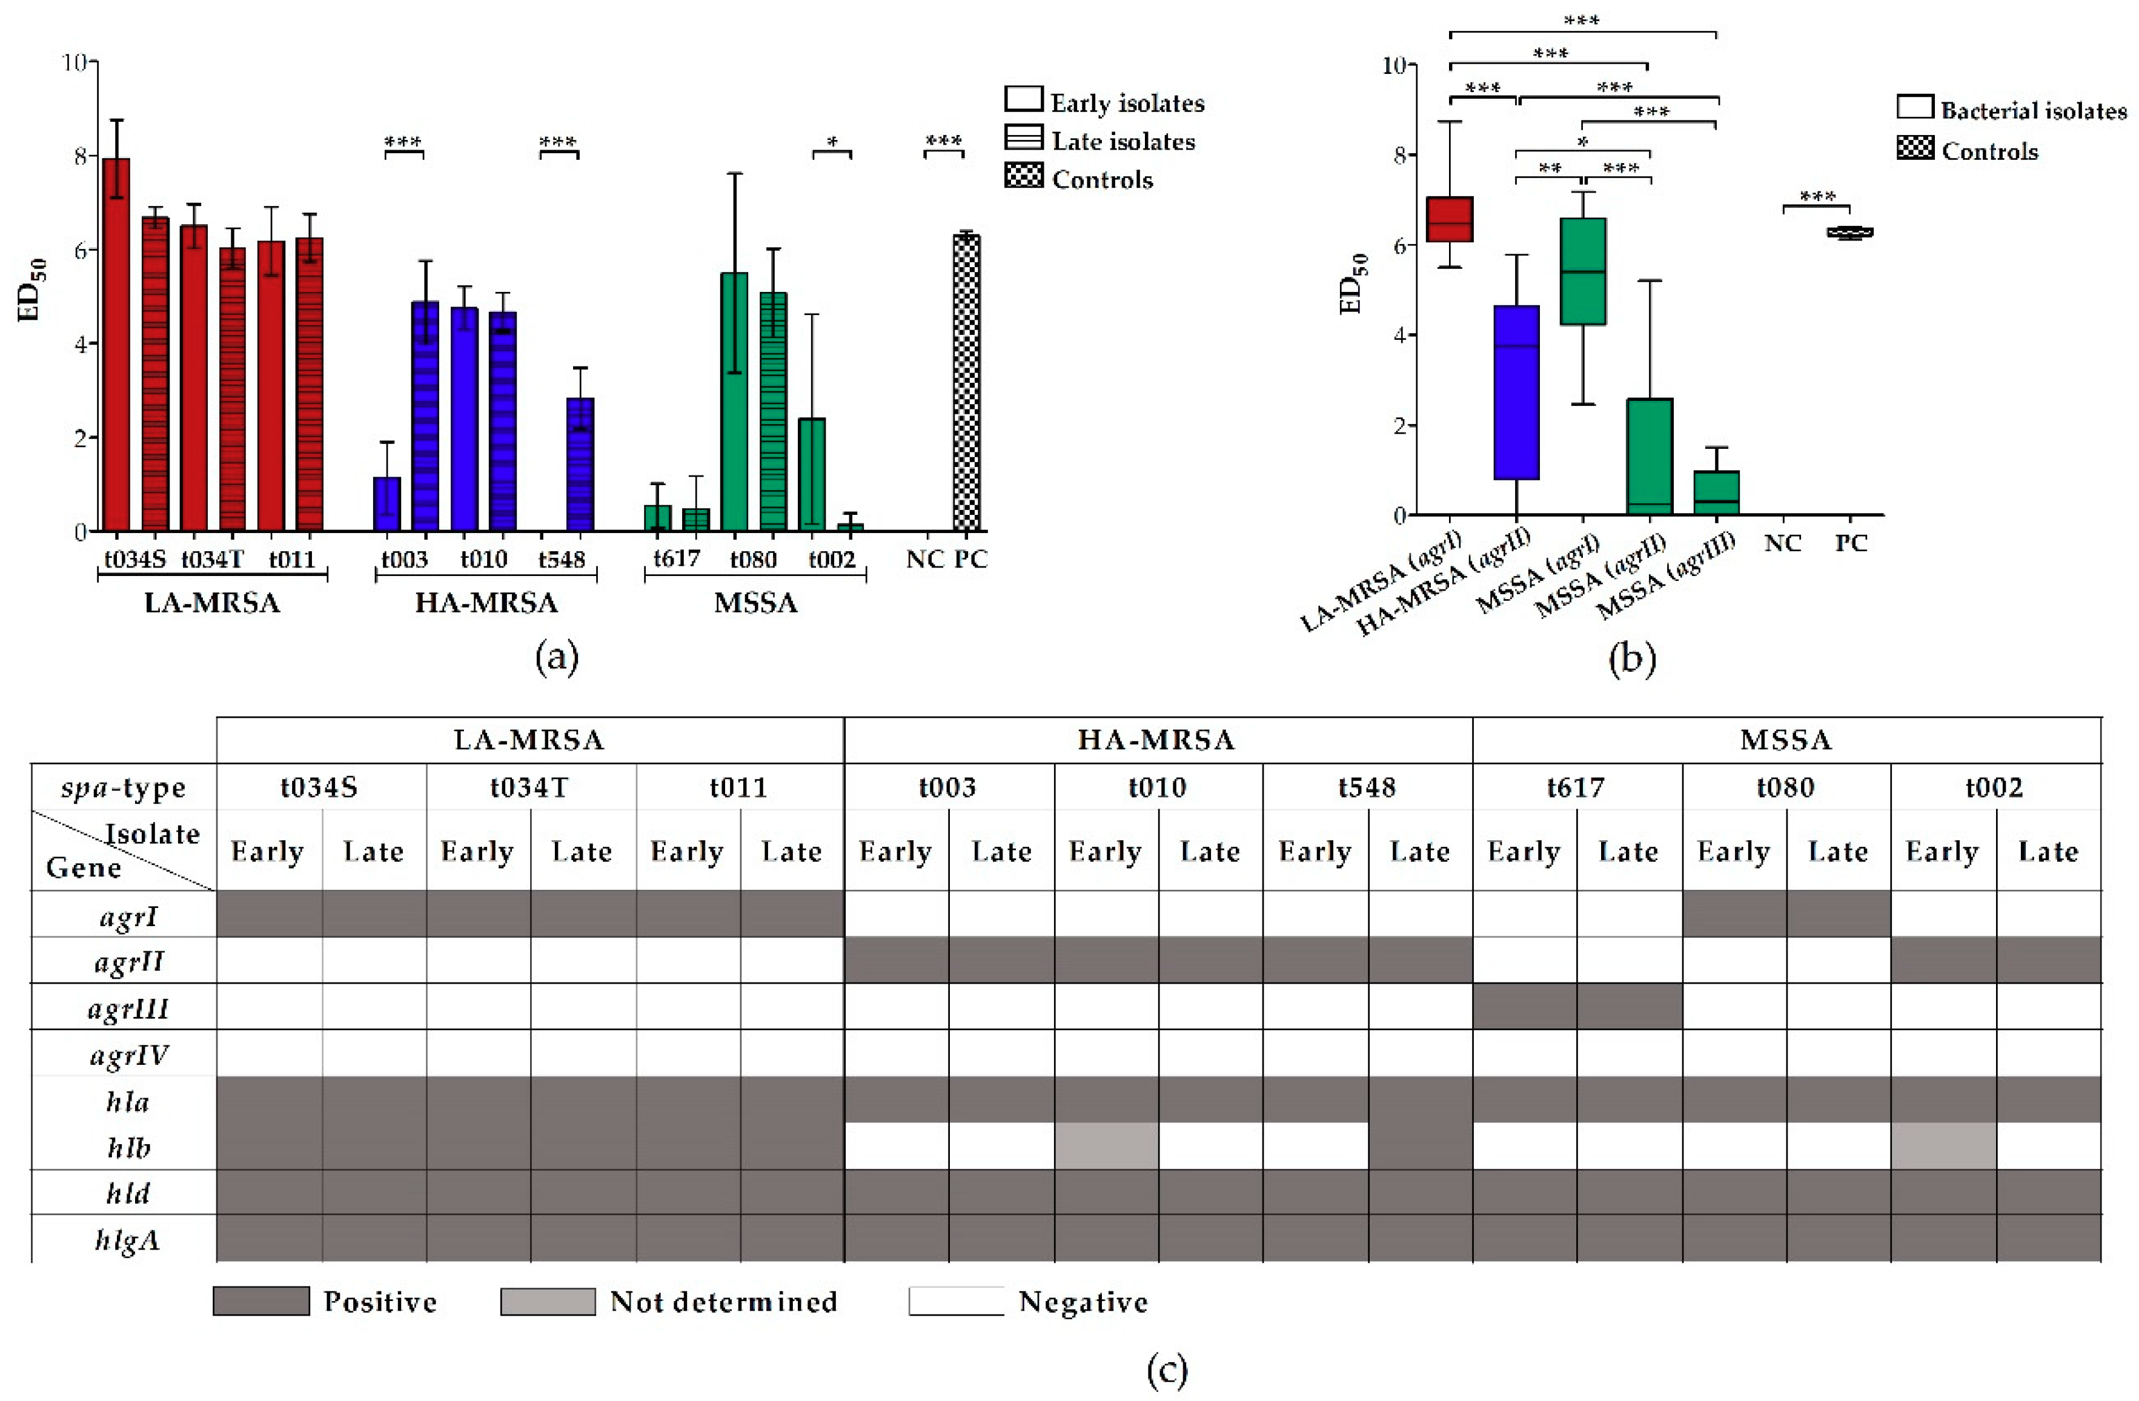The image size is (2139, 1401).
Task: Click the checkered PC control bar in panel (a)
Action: (x=966, y=382)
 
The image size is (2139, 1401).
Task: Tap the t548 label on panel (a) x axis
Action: (x=562, y=560)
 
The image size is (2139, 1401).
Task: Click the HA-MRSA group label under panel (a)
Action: (x=486, y=602)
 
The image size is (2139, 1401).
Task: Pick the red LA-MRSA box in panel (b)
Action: (x=1450, y=219)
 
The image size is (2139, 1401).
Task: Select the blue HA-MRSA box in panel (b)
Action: (x=1516, y=392)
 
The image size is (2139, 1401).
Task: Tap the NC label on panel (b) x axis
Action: (x=1783, y=543)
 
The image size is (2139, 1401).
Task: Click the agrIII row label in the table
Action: (x=128, y=1009)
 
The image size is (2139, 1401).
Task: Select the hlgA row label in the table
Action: (x=128, y=1240)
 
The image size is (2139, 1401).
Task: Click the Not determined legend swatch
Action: (x=548, y=1301)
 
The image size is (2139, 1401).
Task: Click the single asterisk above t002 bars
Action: (x=832, y=142)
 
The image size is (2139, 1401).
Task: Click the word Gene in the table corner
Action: (x=84, y=867)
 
